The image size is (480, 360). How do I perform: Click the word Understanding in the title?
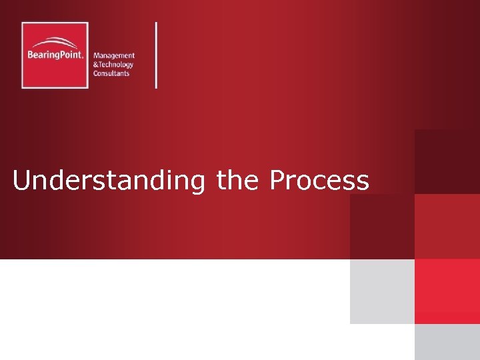tap(109, 181)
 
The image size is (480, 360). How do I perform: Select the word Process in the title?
tap(319, 180)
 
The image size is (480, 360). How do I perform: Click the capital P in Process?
tap(277, 180)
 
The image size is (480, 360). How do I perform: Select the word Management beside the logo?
tap(114, 56)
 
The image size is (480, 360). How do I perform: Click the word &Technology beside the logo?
tap(113, 65)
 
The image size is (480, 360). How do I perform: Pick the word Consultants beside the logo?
tap(112, 73)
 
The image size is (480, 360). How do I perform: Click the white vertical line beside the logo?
tap(157, 55)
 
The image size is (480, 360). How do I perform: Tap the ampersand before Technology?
tap(95, 65)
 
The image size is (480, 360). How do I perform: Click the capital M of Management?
tap(97, 56)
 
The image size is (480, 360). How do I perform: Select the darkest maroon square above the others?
tap(447, 161)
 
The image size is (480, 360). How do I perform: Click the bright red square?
tap(447, 291)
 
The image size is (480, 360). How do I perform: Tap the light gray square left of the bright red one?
tap(382, 291)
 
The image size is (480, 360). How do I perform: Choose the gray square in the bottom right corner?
tap(447, 342)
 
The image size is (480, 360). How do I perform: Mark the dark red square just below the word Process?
tap(382, 226)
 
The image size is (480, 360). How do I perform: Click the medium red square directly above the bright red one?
tap(447, 226)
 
